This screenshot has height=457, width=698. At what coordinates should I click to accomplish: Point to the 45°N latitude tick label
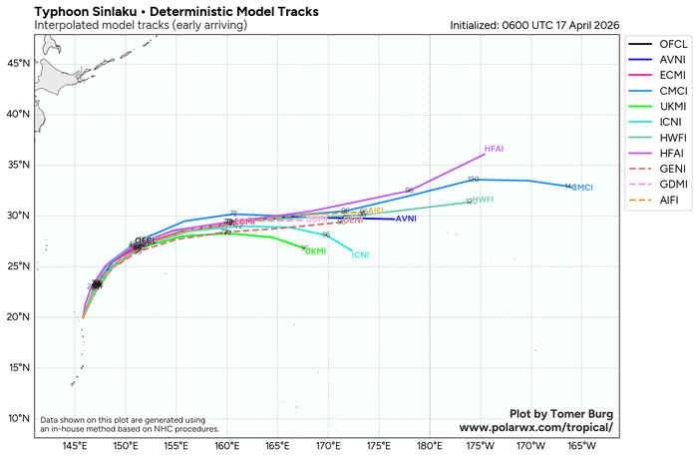pos(20,63)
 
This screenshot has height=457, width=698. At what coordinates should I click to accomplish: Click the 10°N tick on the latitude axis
pos(20,418)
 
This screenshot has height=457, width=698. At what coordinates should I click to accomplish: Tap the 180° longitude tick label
pos(431,446)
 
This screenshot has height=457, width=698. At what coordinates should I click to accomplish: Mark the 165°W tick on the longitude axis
pos(583,446)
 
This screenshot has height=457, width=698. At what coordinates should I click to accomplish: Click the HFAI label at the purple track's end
pos(494,149)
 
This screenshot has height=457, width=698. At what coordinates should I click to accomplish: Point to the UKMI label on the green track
pos(316,251)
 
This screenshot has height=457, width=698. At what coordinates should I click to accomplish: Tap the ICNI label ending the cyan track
pos(361,255)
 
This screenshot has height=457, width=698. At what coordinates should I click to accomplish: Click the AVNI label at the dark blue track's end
pos(406,219)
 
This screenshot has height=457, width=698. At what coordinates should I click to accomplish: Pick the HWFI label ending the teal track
pos(484,201)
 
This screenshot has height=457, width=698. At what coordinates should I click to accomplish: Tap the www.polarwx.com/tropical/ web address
pos(535,427)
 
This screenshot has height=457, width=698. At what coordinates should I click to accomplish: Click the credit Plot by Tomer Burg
pos(561,413)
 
